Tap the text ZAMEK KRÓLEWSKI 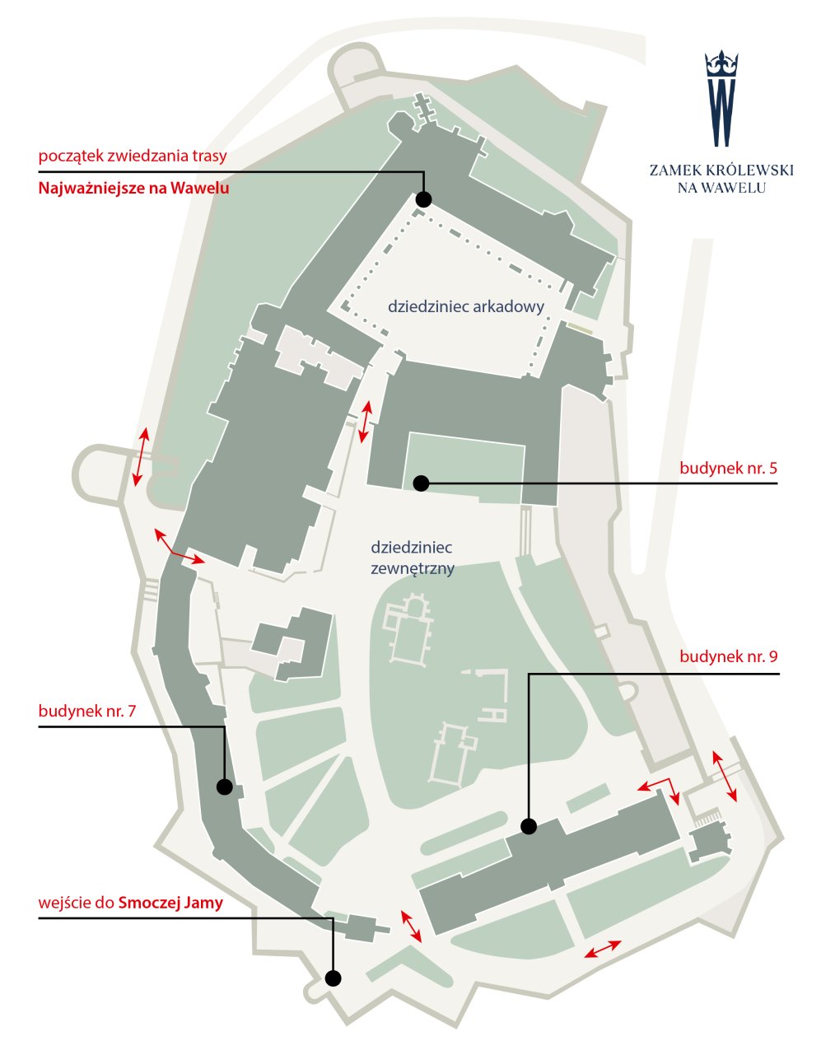point(721,170)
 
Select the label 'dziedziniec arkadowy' point(466,306)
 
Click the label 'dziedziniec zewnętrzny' point(413,558)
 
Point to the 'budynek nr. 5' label point(728,468)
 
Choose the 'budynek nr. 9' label point(729,656)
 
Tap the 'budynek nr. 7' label point(87,711)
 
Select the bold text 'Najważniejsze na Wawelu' point(133,188)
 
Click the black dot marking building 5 point(421,483)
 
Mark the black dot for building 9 point(529,826)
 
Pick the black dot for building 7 point(224,787)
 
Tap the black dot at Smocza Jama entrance point(333,978)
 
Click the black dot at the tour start point(424,198)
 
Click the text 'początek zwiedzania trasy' point(133,156)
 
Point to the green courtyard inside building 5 point(464,467)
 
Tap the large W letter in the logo point(721,112)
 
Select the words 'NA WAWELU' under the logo point(721,188)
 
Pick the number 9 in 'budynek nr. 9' point(773,657)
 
